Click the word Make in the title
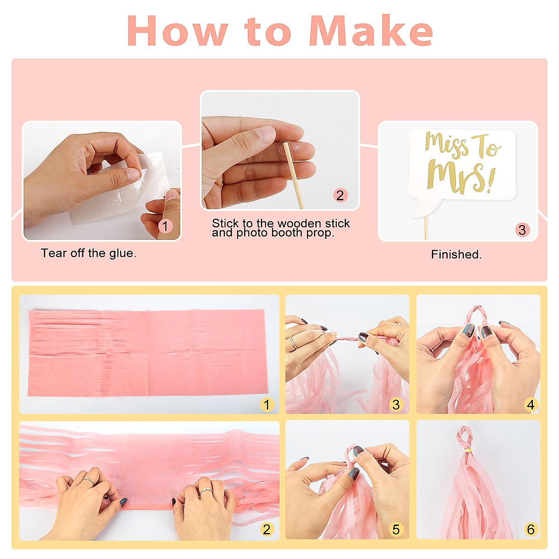click(x=371, y=30)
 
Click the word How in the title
click(x=177, y=30)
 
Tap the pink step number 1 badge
click(x=165, y=226)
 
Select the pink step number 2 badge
click(x=340, y=195)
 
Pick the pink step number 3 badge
click(x=522, y=230)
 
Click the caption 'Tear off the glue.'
click(x=89, y=253)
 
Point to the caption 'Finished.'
click(x=456, y=254)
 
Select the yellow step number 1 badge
click(x=266, y=404)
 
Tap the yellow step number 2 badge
click(x=266, y=529)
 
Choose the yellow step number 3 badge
click(x=396, y=404)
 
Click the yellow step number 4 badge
click(x=531, y=404)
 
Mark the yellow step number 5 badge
click(x=396, y=529)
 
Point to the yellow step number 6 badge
click(x=531, y=529)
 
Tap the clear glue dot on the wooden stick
click(x=288, y=147)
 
